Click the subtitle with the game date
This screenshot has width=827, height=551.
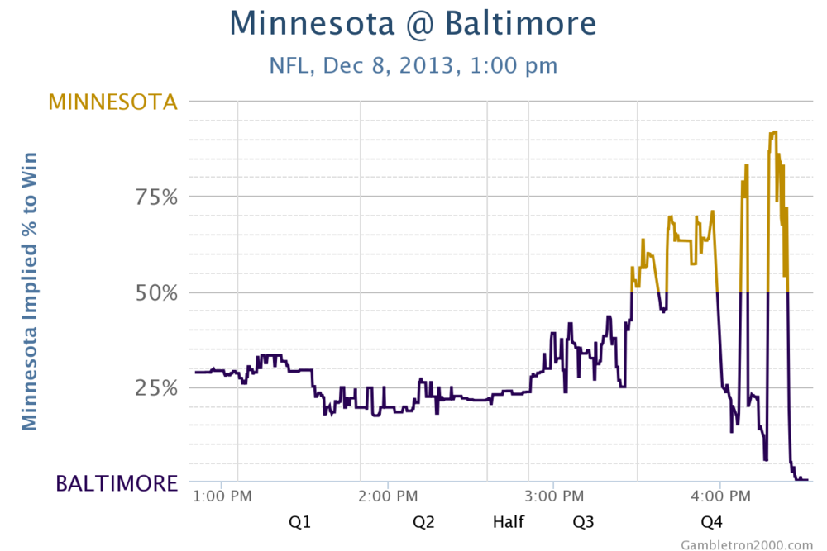[x=413, y=65]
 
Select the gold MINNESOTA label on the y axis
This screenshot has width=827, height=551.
[x=112, y=102]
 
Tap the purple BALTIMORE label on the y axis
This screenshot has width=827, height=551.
[x=117, y=483]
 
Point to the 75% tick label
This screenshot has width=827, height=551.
[x=158, y=197]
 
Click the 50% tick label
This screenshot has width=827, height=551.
[x=158, y=293]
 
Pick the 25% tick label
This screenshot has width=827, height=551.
[x=158, y=388]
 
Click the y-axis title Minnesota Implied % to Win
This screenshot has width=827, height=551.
[x=30, y=291]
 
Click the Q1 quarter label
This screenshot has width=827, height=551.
[x=299, y=522]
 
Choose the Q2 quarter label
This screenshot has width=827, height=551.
[x=424, y=522]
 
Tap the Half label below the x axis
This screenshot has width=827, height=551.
[x=509, y=522]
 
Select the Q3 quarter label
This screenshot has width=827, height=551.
[x=584, y=522]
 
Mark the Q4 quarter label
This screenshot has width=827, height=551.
[x=711, y=522]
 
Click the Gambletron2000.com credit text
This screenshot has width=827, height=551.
[x=747, y=544]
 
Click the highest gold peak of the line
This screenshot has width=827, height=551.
[x=773, y=132]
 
